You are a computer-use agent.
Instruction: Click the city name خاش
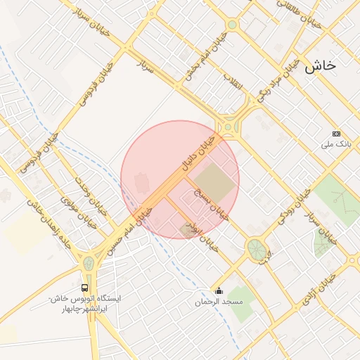click(321, 65)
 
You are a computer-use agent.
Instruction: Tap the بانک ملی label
click(335, 144)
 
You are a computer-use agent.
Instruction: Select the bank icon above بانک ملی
click(336, 134)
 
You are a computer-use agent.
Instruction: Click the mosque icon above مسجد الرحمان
click(219, 291)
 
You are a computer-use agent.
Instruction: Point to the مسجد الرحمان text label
click(219, 302)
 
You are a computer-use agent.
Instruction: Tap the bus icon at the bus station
click(85, 288)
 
